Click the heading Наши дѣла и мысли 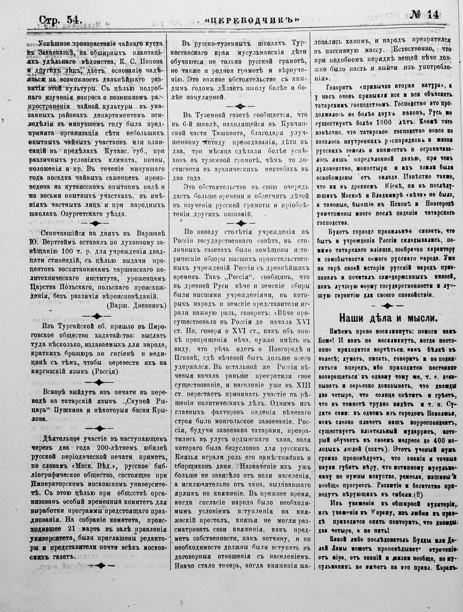(x=388, y=318)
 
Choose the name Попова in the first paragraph (x=145, y=62)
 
